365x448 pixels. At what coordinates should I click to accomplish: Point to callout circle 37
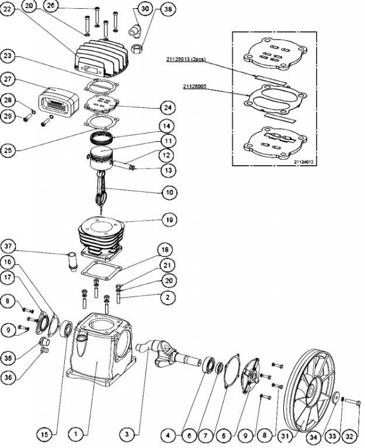pyautogui.click(x=9, y=244)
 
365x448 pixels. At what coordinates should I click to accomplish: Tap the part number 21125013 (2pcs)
pyautogui.click(x=184, y=60)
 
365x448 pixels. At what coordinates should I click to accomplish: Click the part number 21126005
pyautogui.click(x=195, y=87)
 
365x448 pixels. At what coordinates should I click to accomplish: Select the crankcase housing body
pyautogui.click(x=97, y=350)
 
